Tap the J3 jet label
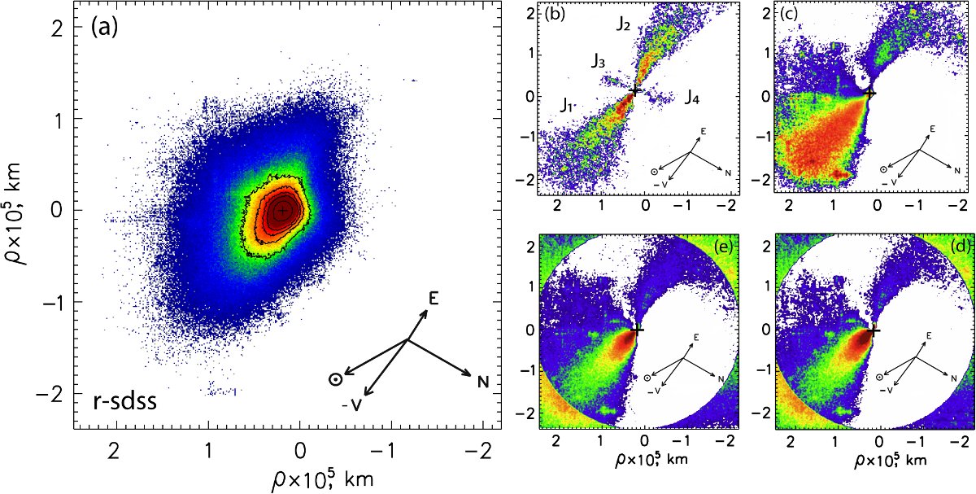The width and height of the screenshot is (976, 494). click(x=597, y=61)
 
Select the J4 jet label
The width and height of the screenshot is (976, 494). click(x=691, y=98)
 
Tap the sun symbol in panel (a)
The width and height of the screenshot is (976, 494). click(x=334, y=378)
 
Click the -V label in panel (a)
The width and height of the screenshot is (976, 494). click(x=352, y=404)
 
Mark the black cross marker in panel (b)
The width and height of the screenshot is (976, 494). click(x=635, y=90)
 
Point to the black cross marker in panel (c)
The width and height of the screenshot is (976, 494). click(x=871, y=93)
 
